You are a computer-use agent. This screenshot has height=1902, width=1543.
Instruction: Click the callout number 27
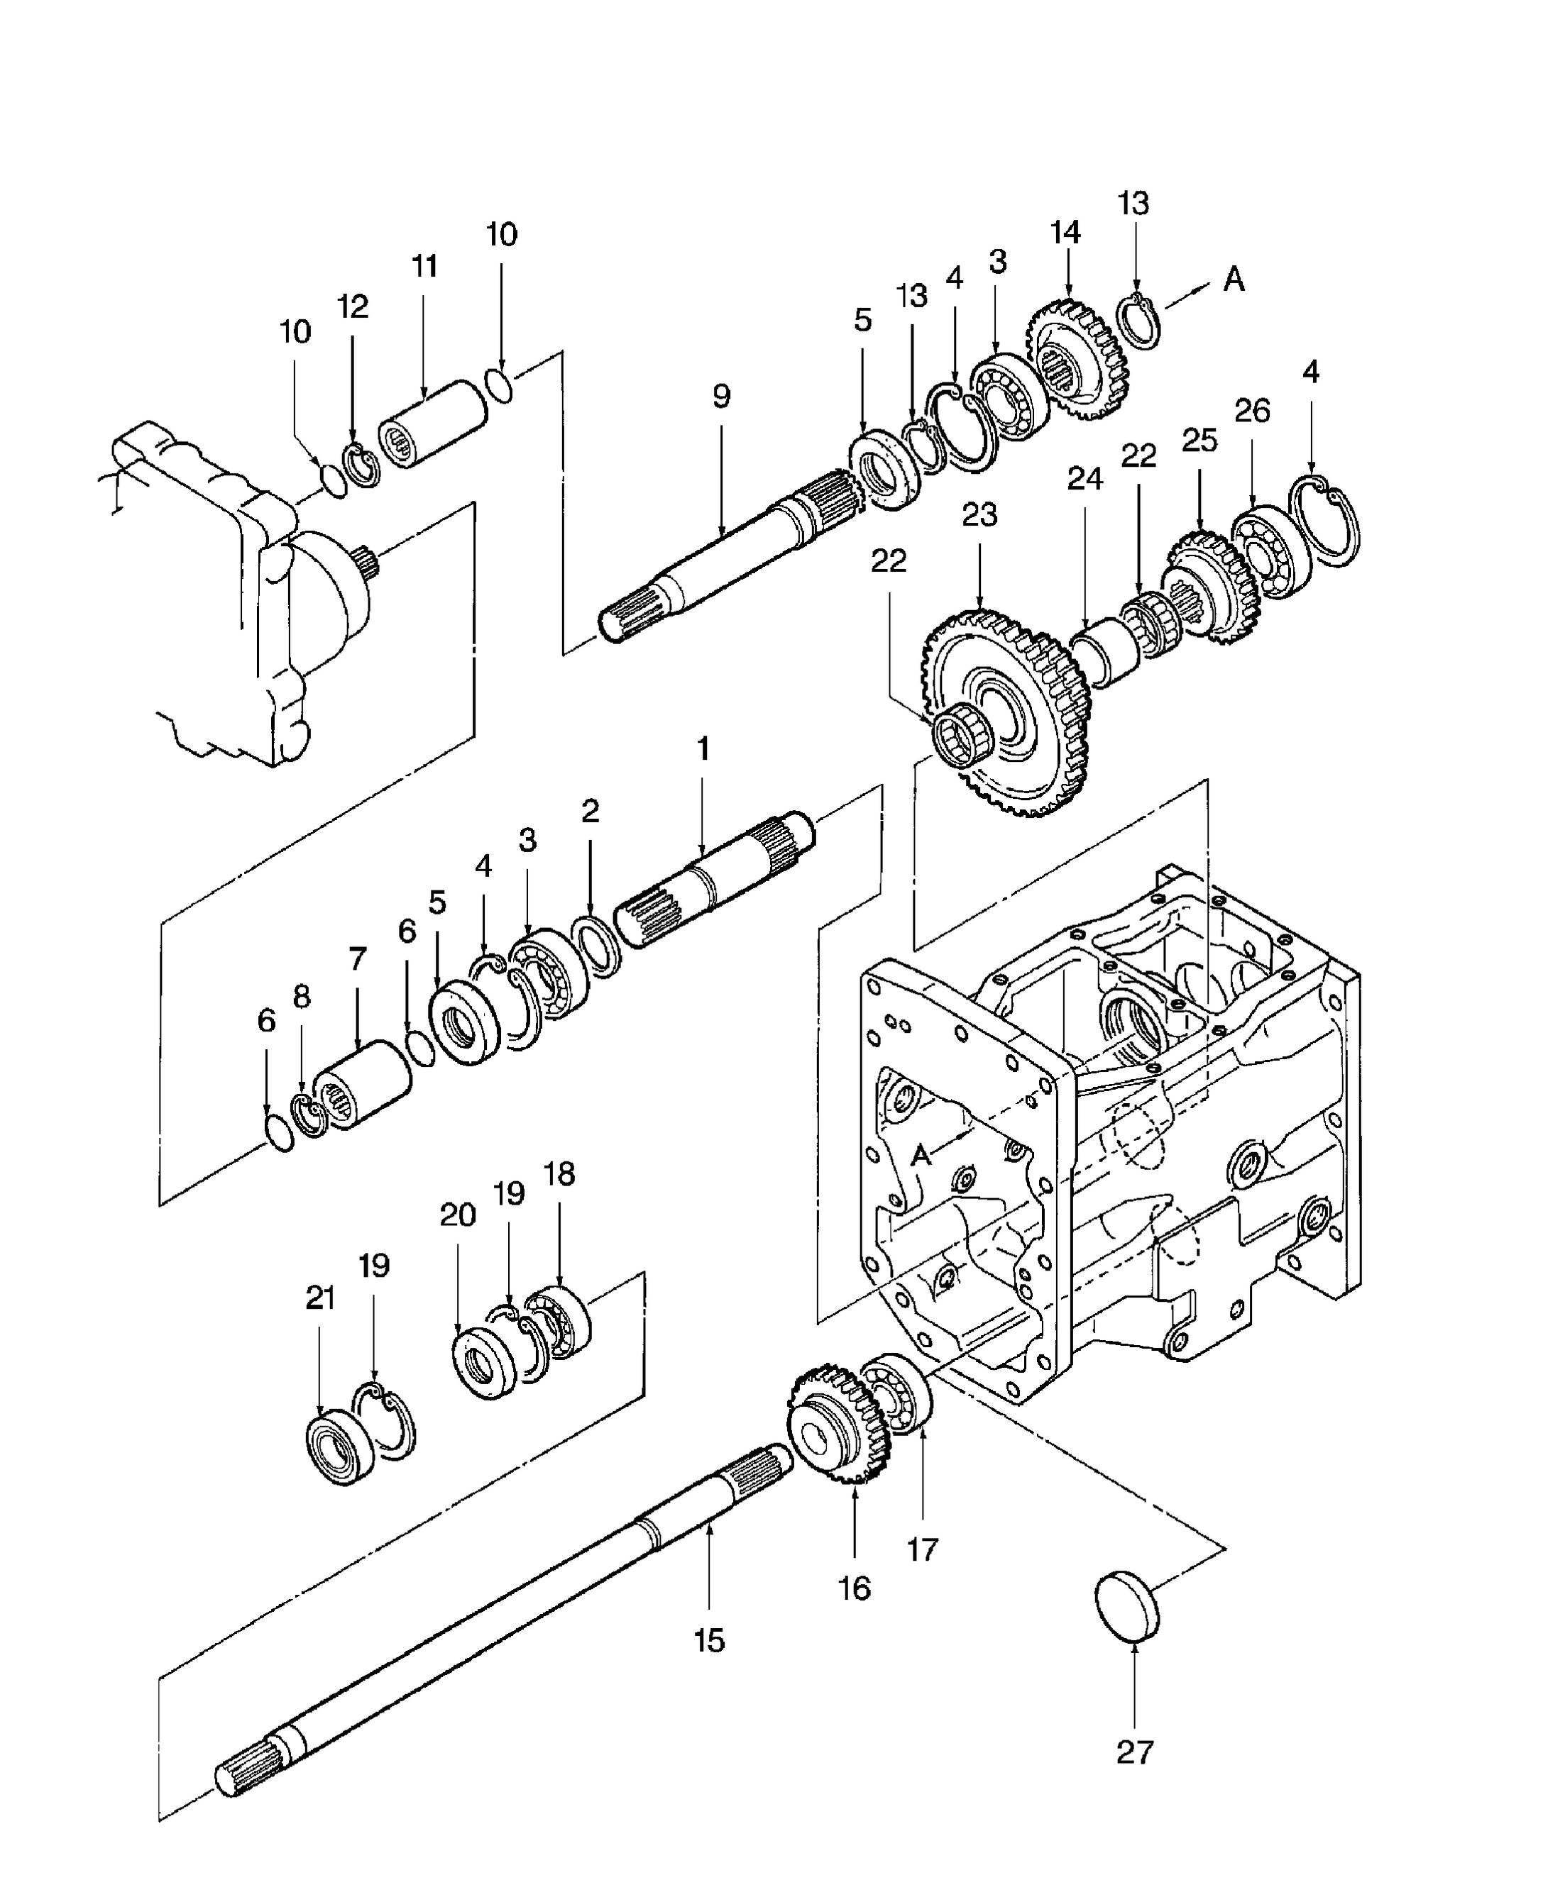tap(1134, 1752)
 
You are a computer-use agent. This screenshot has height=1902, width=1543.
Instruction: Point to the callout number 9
tap(721, 396)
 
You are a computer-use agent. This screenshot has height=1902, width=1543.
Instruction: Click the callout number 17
tap(922, 1549)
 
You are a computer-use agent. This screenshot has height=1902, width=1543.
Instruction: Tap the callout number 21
tap(320, 1298)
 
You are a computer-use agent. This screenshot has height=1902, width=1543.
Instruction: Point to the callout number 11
tap(424, 265)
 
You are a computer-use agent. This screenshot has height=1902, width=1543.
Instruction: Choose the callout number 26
tap(1251, 411)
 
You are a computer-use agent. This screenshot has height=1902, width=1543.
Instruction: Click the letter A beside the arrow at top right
tap(1234, 279)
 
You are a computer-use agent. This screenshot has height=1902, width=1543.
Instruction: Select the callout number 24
tap(1085, 479)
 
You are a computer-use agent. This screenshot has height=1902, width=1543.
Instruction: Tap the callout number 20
tap(458, 1215)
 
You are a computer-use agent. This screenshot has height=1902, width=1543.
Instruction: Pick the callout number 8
tap(302, 997)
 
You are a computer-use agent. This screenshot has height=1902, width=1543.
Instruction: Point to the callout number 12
tap(352, 306)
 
